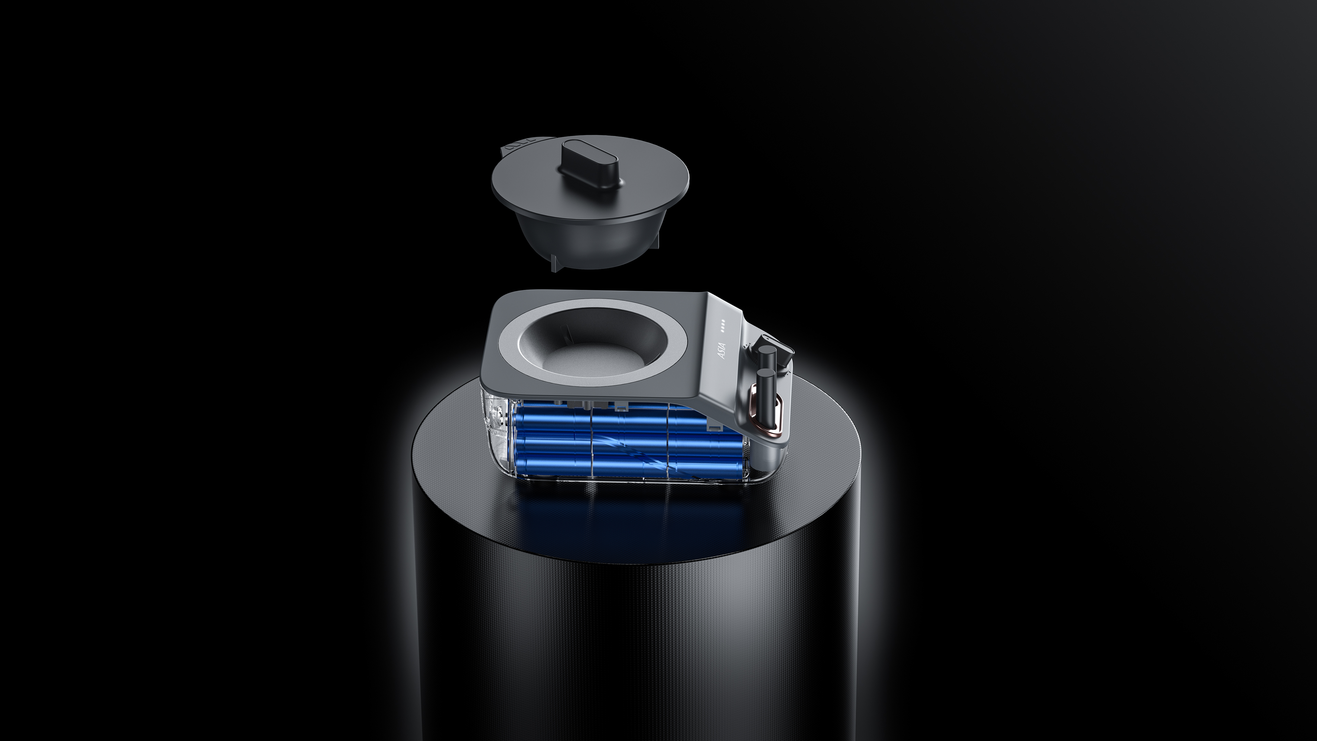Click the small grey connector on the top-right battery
click(x=712, y=425)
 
